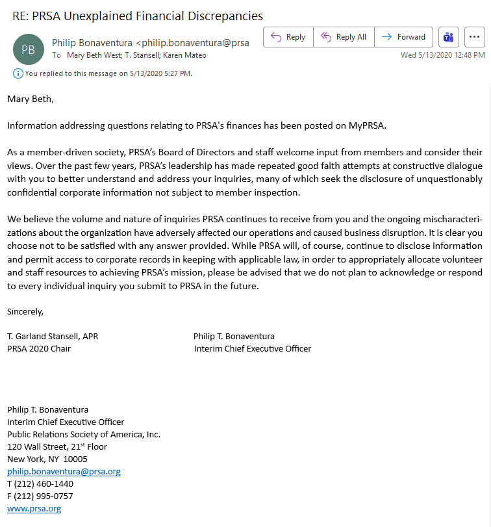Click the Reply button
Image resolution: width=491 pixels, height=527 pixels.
pyautogui.click(x=288, y=37)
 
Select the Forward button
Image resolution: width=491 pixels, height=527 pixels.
pyautogui.click(x=404, y=37)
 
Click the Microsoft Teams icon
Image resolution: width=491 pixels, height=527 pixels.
pyautogui.click(x=448, y=37)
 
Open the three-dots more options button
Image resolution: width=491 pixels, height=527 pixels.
pyautogui.click(x=475, y=37)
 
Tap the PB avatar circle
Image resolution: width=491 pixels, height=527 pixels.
pyautogui.click(x=29, y=49)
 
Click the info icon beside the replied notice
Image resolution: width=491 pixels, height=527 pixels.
pyautogui.click(x=18, y=73)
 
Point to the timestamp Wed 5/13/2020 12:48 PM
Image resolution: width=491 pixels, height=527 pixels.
pyautogui.click(x=442, y=55)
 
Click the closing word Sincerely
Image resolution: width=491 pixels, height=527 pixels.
pyautogui.click(x=25, y=311)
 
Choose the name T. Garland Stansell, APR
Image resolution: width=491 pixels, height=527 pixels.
pyautogui.click(x=53, y=336)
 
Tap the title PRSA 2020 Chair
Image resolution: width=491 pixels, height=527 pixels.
pyautogui.click(x=39, y=348)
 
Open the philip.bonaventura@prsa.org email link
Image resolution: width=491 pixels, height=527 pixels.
pyautogui.click(x=64, y=471)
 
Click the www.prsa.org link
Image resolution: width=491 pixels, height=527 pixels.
pyautogui.click(x=34, y=508)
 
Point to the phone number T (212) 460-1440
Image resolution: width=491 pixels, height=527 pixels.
pyautogui.click(x=40, y=483)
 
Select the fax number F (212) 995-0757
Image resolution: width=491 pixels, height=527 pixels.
pyautogui.click(x=40, y=496)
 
